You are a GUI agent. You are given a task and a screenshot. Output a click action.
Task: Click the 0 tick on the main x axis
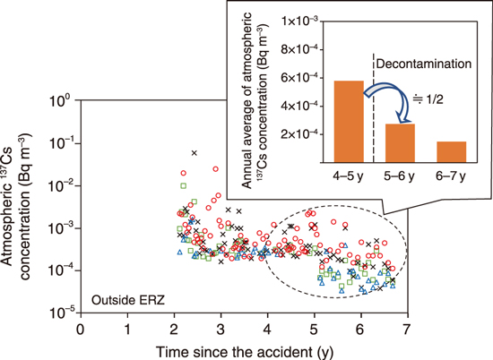(x=81, y=327)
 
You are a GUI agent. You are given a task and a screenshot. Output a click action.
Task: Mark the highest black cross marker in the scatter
(x=195, y=153)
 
